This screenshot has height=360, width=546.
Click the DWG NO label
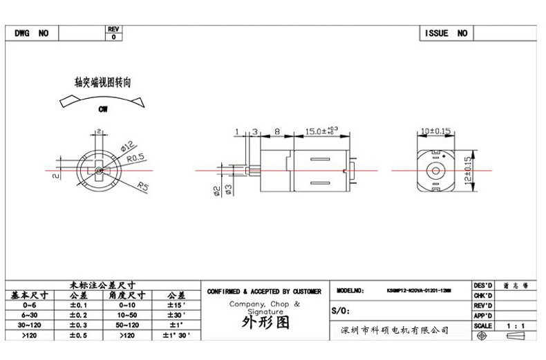(32, 33)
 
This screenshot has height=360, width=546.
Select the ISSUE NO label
(446, 33)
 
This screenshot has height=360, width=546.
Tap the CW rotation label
(102, 109)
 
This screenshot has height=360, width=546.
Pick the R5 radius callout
(143, 185)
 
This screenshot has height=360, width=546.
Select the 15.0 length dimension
(321, 130)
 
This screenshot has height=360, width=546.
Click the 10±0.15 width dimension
(435, 130)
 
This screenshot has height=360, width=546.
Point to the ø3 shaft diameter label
(227, 189)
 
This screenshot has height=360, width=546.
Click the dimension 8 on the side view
(276, 131)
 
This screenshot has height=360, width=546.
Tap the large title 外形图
(265, 323)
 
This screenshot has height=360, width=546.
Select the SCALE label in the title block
(482, 325)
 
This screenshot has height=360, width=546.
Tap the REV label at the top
(113, 29)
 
